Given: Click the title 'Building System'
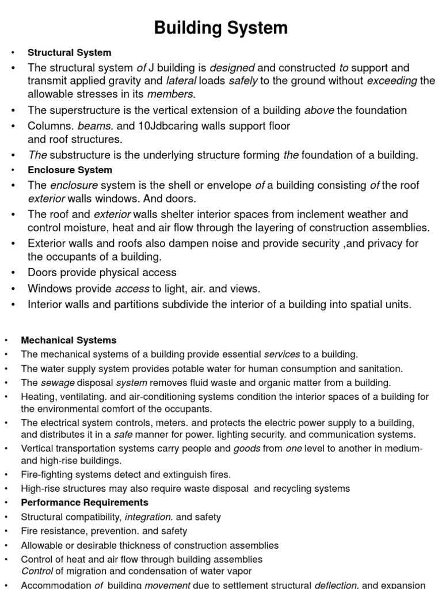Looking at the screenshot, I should (x=221, y=28).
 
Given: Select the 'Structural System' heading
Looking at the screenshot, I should (x=69, y=53).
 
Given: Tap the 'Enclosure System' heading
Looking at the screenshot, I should (x=70, y=170).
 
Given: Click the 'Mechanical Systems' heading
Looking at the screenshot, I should (x=68, y=341).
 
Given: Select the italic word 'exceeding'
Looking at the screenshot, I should (x=392, y=81).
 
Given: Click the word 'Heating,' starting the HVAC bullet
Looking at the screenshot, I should (x=39, y=397).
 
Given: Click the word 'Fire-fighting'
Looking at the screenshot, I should (x=48, y=475).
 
